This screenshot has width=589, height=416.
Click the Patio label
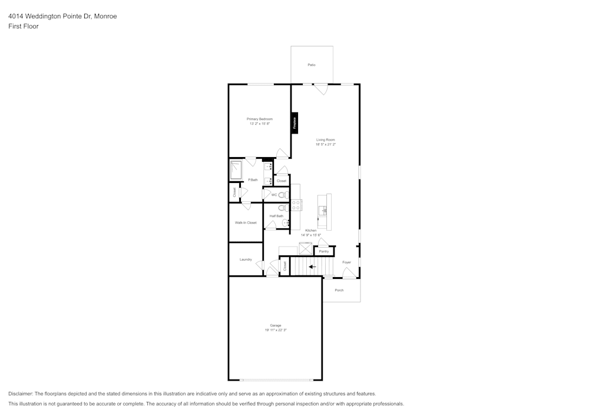[311, 65]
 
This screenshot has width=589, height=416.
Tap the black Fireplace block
[294, 122]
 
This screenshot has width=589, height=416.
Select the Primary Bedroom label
[259, 119]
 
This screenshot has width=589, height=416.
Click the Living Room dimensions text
[325, 144]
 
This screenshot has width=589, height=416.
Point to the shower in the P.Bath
[236, 170]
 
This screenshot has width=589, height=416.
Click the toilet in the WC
[282, 195]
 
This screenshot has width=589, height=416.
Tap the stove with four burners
[296, 205]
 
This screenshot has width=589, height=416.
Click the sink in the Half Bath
[284, 223]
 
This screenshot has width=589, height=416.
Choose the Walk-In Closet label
[246, 222]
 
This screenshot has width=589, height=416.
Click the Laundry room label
[246, 259]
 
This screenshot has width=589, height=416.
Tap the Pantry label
[324, 251]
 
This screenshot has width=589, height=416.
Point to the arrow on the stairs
[312, 267]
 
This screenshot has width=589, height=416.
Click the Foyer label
[346, 262]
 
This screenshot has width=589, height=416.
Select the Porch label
[339, 290]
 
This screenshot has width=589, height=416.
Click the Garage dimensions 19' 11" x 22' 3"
[275, 330]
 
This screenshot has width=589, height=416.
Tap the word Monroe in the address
[106, 16]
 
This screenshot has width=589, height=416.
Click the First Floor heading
[23, 26]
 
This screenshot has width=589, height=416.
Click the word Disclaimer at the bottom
[21, 394]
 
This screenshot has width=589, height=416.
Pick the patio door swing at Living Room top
[320, 89]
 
